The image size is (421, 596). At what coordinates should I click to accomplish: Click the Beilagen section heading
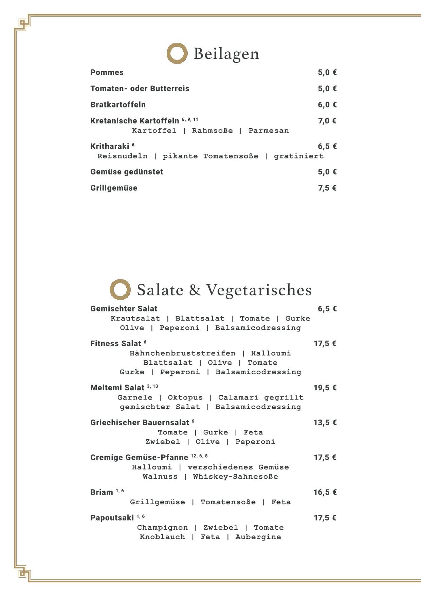[x=226, y=54]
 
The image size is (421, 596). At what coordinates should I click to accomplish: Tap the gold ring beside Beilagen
[x=177, y=53]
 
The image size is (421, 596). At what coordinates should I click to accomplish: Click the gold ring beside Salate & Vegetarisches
[x=120, y=290]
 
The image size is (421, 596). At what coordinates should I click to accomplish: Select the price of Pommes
[x=327, y=72]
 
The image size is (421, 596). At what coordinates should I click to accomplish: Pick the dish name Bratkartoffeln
[x=118, y=105]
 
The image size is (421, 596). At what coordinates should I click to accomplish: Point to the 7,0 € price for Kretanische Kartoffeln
[x=327, y=121]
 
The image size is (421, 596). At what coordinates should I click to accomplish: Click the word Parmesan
[x=269, y=131]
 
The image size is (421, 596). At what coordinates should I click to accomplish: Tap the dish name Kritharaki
[x=110, y=147]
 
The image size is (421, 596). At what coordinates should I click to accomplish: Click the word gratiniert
[x=299, y=156]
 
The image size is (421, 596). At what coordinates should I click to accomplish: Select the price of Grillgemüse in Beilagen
[x=327, y=188]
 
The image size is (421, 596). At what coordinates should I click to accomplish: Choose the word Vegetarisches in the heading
[x=259, y=290]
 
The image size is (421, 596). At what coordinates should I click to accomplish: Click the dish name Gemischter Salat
[x=124, y=309]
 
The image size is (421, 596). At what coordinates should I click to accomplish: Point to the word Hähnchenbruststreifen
[x=182, y=353]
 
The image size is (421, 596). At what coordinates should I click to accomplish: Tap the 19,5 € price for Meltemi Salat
[x=325, y=388]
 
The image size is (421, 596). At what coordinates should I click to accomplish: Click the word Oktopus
[x=185, y=397]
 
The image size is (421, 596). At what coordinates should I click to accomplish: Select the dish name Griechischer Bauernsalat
[x=139, y=423]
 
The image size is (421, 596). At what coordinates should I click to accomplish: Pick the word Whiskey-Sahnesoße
[x=235, y=477]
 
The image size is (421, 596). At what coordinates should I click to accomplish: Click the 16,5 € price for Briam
[x=325, y=492]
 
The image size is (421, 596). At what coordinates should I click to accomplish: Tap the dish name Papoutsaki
[x=112, y=518]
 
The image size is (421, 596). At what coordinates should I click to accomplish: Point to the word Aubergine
[x=258, y=537]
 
